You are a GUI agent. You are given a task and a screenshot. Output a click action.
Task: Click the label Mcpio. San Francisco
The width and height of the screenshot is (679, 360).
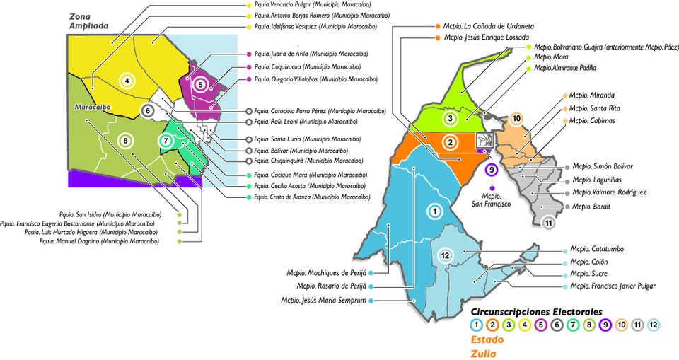pyautogui.click(x=491, y=199)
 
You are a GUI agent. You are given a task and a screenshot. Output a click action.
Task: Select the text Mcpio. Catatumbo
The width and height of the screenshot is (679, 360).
pyautogui.click(x=598, y=249)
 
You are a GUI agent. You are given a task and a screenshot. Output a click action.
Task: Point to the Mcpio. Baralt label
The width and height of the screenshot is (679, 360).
pyautogui.click(x=593, y=207)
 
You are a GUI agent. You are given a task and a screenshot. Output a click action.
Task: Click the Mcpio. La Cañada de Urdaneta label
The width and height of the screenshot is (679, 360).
pyautogui.click(x=494, y=25)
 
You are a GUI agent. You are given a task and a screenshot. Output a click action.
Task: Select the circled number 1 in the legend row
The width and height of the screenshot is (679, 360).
pyautogui.click(x=477, y=325)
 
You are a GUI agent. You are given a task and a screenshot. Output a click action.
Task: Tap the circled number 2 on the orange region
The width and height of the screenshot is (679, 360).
pyautogui.click(x=449, y=142)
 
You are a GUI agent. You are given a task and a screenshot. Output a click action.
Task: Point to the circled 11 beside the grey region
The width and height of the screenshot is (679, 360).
pyautogui.click(x=548, y=224)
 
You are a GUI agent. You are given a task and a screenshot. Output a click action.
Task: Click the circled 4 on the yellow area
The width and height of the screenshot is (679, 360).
pyautogui.click(x=127, y=80)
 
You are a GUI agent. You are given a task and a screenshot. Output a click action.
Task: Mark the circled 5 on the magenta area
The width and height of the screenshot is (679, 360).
pyautogui.click(x=202, y=84)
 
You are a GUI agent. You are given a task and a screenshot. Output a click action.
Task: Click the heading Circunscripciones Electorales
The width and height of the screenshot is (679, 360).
pyautogui.click(x=536, y=310)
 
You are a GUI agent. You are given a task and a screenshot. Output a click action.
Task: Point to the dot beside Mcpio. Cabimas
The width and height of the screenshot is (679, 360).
pyautogui.click(x=566, y=122)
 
